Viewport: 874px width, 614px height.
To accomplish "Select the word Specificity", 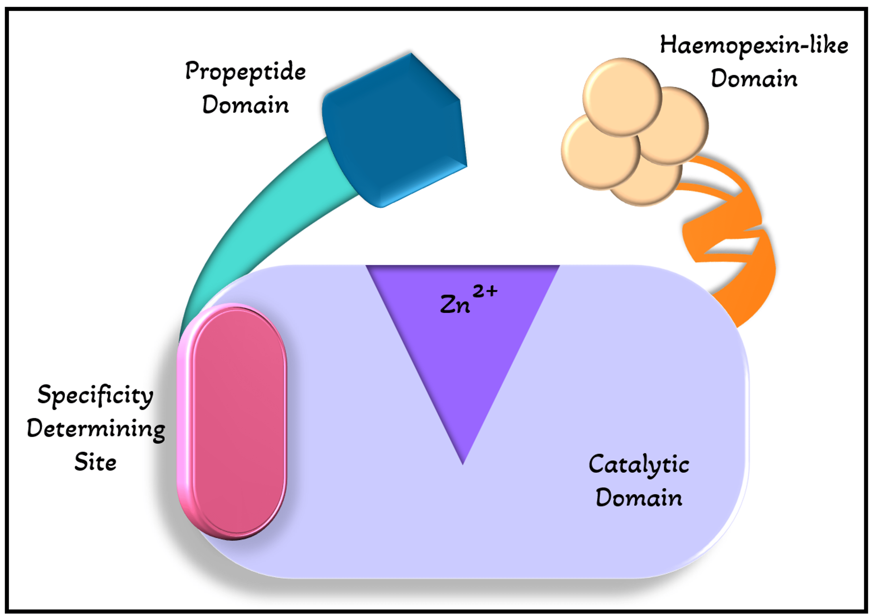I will tap(95, 395).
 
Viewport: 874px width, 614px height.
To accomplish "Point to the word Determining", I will tap(96, 429).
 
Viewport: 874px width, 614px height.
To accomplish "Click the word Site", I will tap(95, 462).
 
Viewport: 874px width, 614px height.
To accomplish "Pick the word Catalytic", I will tap(639, 465).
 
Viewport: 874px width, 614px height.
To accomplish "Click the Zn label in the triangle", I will tap(455, 305).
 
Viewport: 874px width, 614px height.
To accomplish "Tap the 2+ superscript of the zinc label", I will tap(485, 291).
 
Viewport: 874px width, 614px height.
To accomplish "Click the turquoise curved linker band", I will tap(267, 228).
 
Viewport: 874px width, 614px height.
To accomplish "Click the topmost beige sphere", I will tap(622, 97).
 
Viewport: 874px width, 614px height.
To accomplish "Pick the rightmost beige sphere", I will tap(681, 126).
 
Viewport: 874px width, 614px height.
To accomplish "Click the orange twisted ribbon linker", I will tap(746, 266).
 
